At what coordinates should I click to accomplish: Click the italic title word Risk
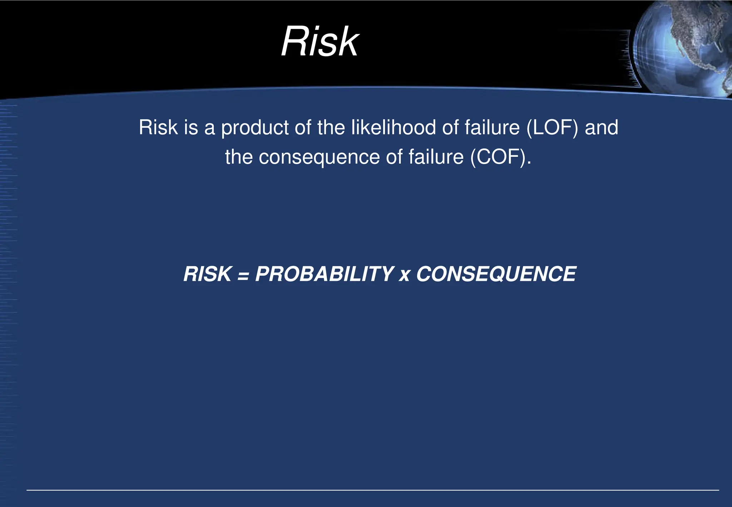pos(320,42)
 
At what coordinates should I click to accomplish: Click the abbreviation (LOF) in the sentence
pos(552,127)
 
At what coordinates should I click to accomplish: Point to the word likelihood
pos(394,127)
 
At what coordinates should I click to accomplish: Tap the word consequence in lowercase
pos(319,158)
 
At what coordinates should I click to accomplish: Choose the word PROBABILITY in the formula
pos(324,274)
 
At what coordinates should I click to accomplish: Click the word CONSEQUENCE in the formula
pos(496,274)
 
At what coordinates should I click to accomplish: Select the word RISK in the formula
pos(207,274)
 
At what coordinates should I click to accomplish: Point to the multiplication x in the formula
pos(405,276)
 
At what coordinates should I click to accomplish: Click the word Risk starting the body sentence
pos(158,127)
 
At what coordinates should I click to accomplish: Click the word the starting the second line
pos(239,157)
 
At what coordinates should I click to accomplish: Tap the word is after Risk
pos(191,127)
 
